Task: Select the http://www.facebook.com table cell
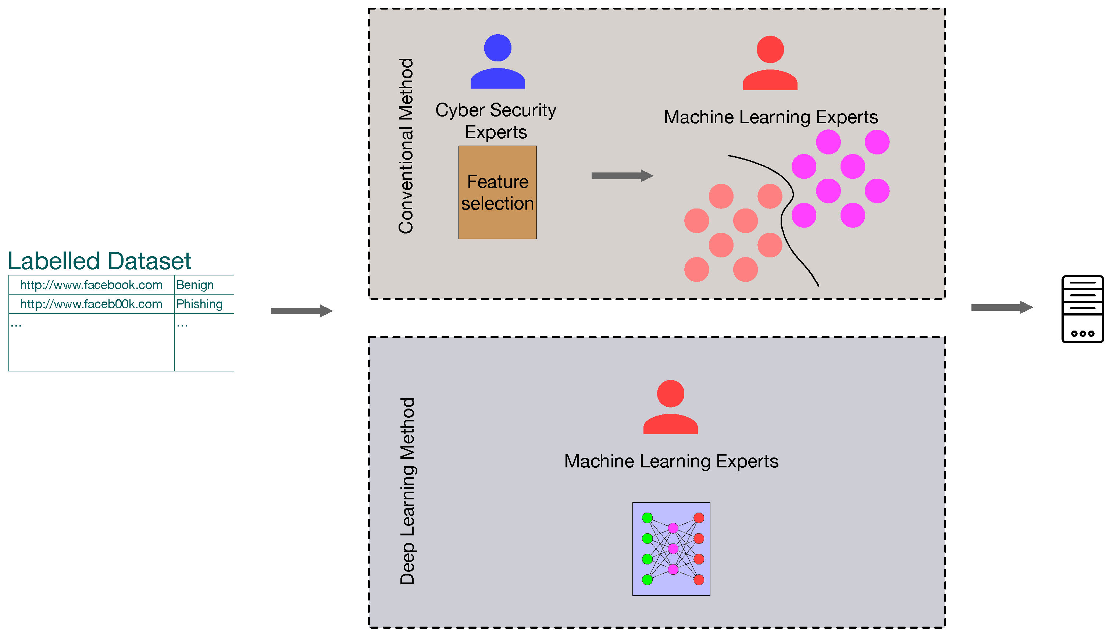(91, 285)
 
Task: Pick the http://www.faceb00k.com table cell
(91, 304)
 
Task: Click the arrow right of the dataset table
(302, 311)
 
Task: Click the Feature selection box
(497, 192)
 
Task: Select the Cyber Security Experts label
(496, 121)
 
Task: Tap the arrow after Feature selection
(622, 176)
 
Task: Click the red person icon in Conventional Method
(770, 64)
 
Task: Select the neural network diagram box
(671, 549)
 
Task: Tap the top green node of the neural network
(648, 518)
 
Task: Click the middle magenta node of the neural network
(673, 549)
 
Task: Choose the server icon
(1082, 309)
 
